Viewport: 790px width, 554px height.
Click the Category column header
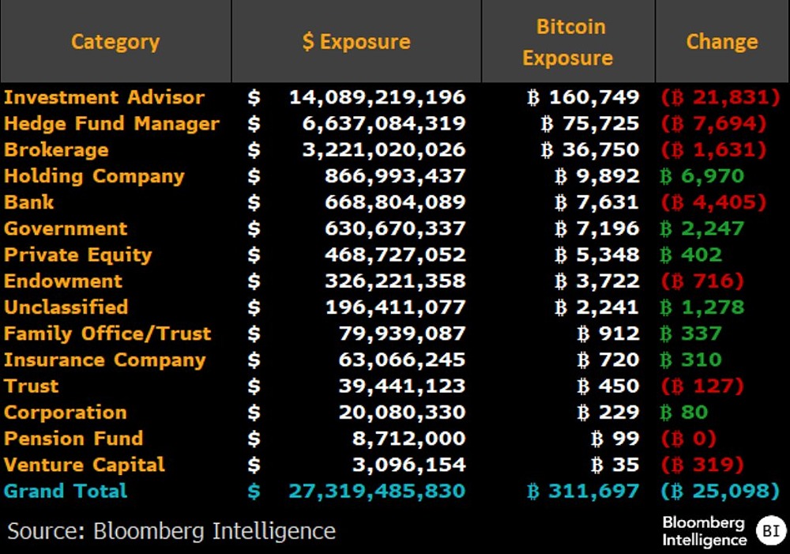click(x=115, y=42)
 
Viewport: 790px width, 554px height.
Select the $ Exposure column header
click(x=356, y=42)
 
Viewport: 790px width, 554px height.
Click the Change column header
click(x=721, y=42)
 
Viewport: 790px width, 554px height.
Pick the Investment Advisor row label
click(x=104, y=97)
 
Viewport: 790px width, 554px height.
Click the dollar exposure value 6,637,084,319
click(x=384, y=124)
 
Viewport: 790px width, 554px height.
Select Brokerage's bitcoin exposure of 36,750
click(x=590, y=150)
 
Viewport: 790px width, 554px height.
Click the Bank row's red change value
click(x=713, y=202)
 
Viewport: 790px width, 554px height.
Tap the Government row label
click(x=66, y=228)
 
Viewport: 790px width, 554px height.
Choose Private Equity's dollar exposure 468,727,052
click(x=395, y=254)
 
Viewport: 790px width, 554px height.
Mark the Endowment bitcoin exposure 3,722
click(x=596, y=281)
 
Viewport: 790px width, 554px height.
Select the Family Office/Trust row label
click(x=107, y=334)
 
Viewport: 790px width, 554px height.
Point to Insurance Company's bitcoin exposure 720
click(x=608, y=360)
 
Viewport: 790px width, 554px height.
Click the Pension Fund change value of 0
click(x=688, y=438)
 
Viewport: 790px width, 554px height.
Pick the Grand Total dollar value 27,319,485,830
click(x=378, y=491)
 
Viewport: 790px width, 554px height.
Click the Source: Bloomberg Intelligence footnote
click(x=171, y=530)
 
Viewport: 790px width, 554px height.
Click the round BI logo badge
click(x=770, y=530)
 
